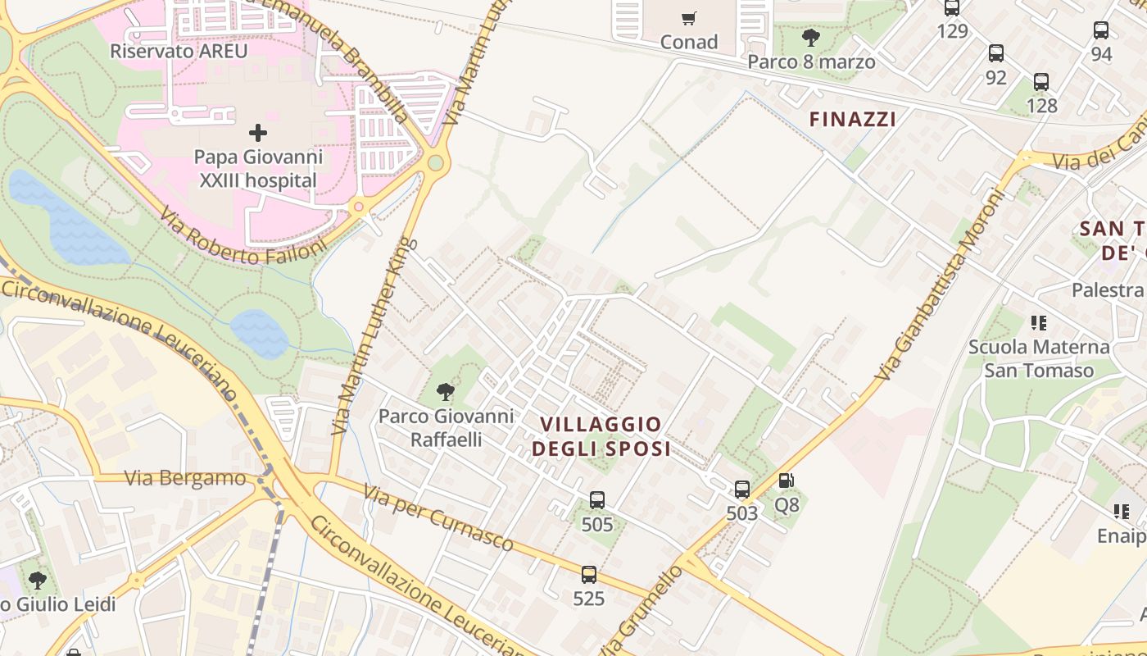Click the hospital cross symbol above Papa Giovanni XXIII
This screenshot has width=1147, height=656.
258,132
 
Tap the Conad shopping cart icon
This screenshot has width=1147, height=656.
689,18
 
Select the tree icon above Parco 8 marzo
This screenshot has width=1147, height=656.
810,38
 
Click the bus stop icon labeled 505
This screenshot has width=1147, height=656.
597,500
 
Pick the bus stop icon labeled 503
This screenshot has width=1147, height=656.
742,490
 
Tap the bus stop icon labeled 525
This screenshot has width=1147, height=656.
589,575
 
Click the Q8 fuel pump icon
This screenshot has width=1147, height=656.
786,481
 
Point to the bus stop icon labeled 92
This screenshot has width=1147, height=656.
996,53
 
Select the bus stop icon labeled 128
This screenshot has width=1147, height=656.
1041,82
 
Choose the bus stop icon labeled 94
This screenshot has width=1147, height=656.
1101,30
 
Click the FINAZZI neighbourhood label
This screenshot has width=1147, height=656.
853,119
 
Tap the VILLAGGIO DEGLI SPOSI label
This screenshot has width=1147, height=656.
601,436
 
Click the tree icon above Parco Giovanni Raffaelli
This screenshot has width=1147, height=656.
446,391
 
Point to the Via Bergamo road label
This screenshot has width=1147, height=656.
185,478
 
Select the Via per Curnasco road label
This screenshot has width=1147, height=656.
438,517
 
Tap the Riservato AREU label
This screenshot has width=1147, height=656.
179,51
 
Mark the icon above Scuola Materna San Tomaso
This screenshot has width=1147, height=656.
1039,323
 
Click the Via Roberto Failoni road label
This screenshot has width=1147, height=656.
243,239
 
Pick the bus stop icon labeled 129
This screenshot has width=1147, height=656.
952,8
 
